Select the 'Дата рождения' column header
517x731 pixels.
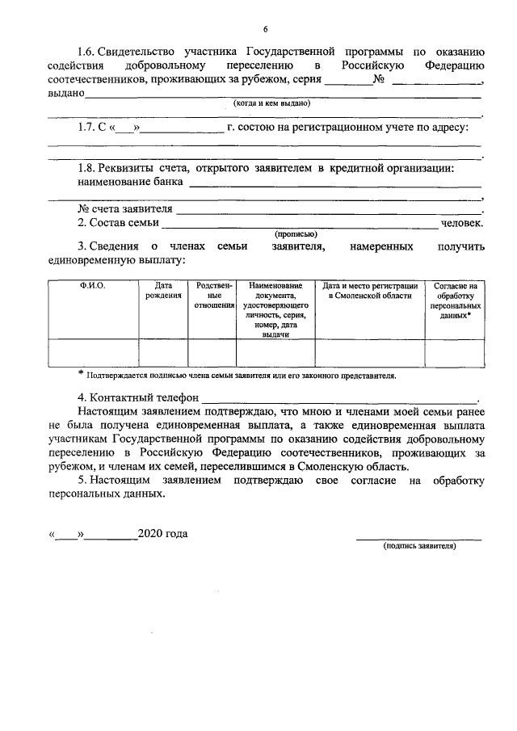pos(163,291)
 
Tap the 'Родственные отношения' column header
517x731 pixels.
pos(212,296)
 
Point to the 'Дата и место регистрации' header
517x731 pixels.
pos(369,291)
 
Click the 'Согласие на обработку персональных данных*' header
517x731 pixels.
pos(456,300)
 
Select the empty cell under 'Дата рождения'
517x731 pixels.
pos(163,353)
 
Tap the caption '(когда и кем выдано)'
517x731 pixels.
pos(271,104)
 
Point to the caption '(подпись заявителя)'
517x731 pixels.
pos(419,547)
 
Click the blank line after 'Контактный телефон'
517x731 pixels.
pos(339,399)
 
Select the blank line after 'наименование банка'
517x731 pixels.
pos(334,185)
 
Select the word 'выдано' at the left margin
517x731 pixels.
pos(66,94)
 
